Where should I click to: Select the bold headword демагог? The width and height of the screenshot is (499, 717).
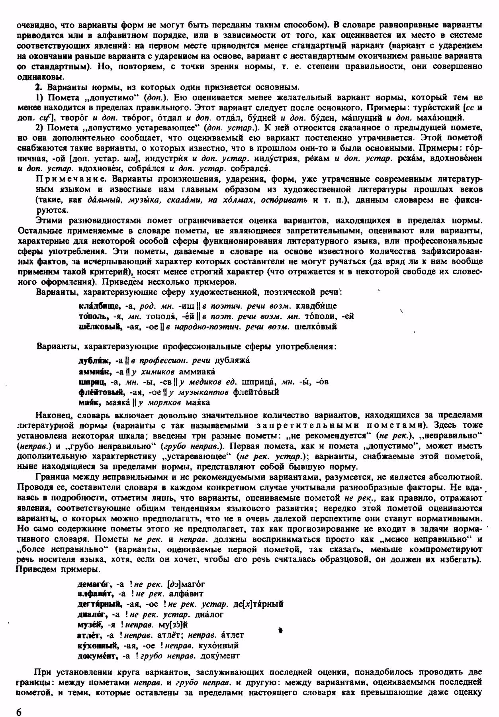[95, 584]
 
